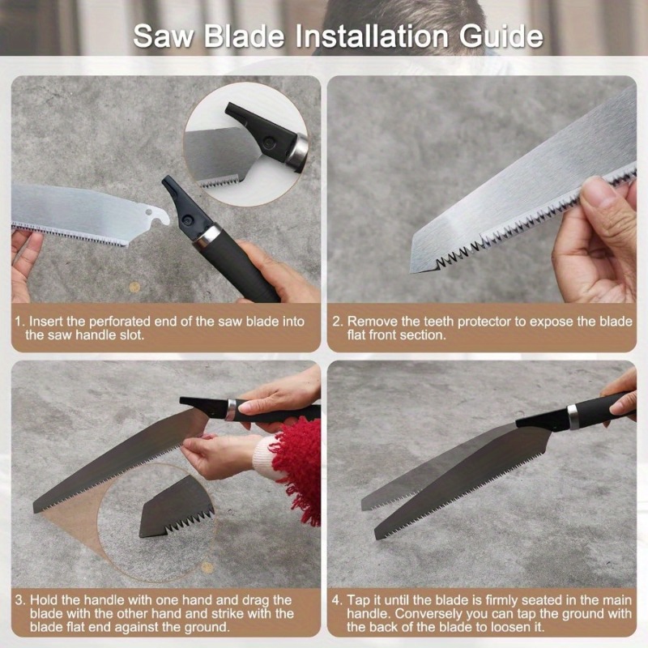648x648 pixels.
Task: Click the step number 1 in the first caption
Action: point(19,322)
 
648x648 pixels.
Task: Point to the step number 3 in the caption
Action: point(19,600)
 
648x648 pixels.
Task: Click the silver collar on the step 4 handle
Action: point(573,415)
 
